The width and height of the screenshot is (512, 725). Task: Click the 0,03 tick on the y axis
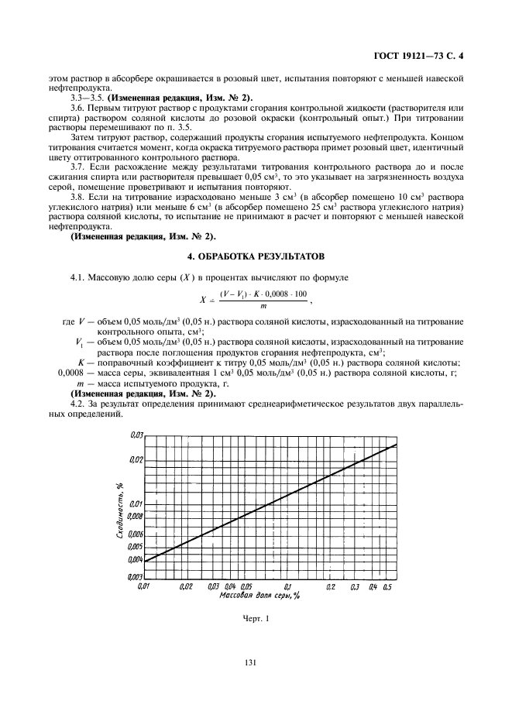coord(136,435)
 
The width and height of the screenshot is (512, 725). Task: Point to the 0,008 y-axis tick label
coord(135,515)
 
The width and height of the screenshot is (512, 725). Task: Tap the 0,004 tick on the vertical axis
coord(135,559)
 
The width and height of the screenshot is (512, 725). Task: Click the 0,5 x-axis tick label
coord(388,588)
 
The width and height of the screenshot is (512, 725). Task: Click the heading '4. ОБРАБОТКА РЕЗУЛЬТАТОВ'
coord(256,255)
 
